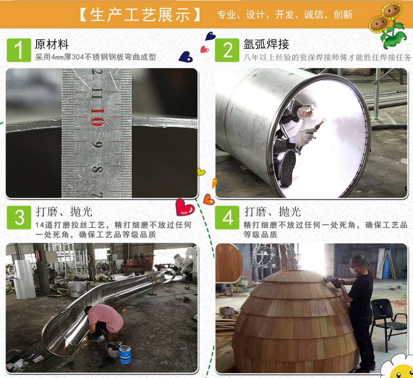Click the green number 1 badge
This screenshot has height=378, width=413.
click(x=18, y=50)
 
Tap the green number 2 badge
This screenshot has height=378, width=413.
click(x=227, y=50)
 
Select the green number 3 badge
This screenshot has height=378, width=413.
click(x=18, y=217)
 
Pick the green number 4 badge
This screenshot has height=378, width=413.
click(x=227, y=217)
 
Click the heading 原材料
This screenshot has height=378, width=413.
click(x=51, y=44)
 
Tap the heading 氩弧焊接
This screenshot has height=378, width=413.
click(x=266, y=44)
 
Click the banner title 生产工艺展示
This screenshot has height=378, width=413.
click(x=140, y=15)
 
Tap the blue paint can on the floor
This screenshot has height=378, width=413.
click(x=125, y=354)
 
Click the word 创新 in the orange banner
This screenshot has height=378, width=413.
click(x=343, y=15)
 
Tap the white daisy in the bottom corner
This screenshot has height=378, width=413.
click(x=397, y=367)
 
